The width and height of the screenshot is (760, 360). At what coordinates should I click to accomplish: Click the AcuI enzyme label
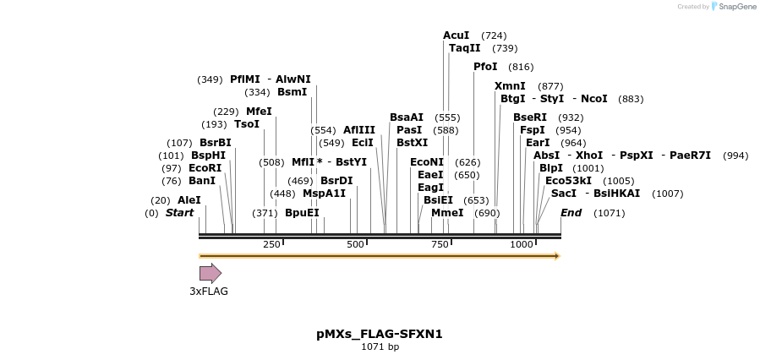(x=456, y=35)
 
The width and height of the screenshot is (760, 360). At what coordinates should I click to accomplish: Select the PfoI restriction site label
(x=485, y=67)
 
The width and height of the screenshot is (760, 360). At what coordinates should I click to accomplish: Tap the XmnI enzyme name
(x=510, y=86)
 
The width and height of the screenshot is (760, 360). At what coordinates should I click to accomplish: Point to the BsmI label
(x=293, y=92)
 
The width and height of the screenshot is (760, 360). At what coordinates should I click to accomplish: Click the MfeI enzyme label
(x=259, y=112)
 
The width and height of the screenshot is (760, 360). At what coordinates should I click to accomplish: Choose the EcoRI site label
(x=205, y=168)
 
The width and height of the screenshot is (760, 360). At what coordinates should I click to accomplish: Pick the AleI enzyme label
(x=189, y=200)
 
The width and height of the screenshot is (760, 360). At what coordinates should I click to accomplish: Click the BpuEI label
(x=302, y=213)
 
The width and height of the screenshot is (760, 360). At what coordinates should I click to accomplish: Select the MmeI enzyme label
(x=447, y=213)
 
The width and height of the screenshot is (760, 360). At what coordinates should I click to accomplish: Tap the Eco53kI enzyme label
(x=568, y=181)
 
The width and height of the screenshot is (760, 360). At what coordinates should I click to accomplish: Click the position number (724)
(x=494, y=35)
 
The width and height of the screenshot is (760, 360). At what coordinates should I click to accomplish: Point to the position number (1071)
(x=609, y=213)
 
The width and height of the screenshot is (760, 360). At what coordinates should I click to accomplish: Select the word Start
(x=179, y=213)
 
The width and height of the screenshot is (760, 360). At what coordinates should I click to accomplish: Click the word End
(x=571, y=213)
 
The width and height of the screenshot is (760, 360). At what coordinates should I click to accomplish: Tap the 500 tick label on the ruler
(x=355, y=244)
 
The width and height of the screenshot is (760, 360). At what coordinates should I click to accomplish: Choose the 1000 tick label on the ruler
(x=522, y=244)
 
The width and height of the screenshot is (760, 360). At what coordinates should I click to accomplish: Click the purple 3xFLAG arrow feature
(x=210, y=273)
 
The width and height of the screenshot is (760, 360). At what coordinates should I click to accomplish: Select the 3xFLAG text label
(x=209, y=292)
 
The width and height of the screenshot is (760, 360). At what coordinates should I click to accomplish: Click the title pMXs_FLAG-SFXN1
(x=380, y=334)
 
